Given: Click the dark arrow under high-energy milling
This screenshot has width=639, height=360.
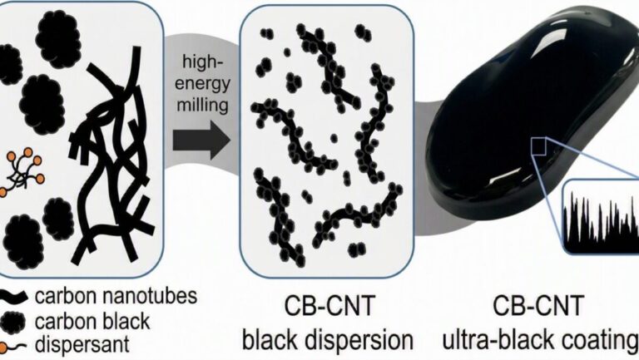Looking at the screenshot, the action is tap(201, 141).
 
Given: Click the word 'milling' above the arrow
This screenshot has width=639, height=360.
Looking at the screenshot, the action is tap(202, 106).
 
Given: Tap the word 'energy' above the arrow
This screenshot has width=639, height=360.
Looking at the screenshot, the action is tap(202, 85).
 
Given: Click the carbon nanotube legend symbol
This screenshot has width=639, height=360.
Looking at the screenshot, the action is tap(13, 297).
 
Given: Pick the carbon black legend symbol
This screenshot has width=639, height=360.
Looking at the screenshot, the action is tap(12, 322).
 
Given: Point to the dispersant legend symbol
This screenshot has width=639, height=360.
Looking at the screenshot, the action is tap(12, 347).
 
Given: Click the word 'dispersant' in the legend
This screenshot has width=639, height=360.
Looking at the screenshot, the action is tap(82, 345).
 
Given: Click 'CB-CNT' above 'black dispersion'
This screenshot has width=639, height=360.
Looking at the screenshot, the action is tap(329, 306).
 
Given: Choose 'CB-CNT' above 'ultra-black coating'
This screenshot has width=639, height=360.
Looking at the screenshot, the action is tap(538, 306).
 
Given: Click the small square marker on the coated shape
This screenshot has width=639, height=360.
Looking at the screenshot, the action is tap(539, 146).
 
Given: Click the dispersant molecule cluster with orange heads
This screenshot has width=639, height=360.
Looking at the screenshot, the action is tap(21, 172).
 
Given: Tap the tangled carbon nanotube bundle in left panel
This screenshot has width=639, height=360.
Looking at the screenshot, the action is tap(112, 155).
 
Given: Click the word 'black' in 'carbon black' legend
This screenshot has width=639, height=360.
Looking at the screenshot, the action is tap(127, 321).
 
